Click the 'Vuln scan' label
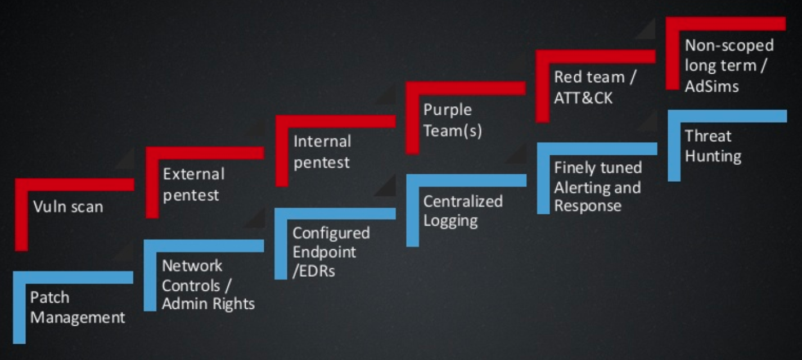pos(68,207)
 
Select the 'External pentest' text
pos(193,184)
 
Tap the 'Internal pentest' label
pos(322,152)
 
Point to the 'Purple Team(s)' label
pos(452,120)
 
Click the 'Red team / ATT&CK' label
pos(594,87)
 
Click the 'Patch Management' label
pos(78,307)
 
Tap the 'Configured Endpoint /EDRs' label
pos(331,251)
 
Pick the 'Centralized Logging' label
pos(462,211)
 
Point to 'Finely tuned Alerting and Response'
pos(597,187)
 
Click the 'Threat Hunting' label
pos(713,146)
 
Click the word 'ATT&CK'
pos(583,98)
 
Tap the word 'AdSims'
pos(711,86)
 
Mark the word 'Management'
pos(78,317)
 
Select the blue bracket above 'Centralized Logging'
pos(466,181)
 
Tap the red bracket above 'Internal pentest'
pos(335,121)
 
